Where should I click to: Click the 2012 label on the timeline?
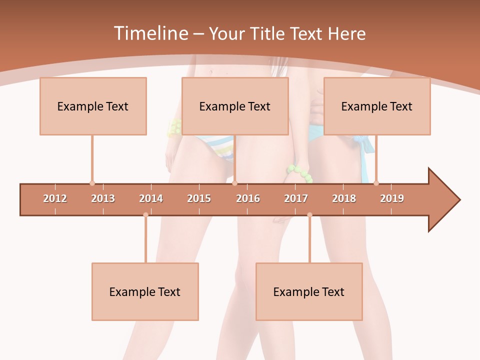55,198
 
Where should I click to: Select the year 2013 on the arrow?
103,198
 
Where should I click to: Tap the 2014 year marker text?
151,198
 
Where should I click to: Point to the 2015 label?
199,198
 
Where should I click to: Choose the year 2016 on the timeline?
248,198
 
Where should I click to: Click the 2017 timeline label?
296,198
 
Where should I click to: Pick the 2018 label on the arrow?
344,198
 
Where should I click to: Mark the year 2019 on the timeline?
392,198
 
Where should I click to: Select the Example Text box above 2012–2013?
93,106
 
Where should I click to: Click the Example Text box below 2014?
145,291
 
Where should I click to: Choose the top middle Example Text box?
235,106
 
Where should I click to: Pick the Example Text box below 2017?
309,291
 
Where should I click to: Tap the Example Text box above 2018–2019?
377,106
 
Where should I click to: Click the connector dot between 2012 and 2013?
92,183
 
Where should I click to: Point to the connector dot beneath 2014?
145,215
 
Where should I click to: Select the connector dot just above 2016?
235,183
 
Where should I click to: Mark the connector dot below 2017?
309,215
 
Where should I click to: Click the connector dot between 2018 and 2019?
376,183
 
